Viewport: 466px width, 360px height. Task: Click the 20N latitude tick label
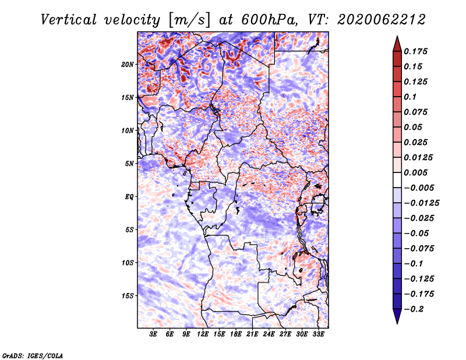click(x=128, y=65)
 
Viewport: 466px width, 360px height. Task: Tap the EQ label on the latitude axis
click(x=129, y=197)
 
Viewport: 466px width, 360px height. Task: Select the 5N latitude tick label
click(x=129, y=164)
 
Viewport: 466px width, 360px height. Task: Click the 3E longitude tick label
click(x=153, y=334)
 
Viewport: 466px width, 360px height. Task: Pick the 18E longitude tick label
click(x=235, y=334)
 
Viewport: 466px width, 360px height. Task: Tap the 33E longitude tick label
click(x=318, y=334)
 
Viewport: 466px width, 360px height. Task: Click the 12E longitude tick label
click(x=202, y=334)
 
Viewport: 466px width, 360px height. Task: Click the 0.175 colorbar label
click(x=415, y=51)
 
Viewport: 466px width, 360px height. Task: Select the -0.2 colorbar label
click(x=414, y=309)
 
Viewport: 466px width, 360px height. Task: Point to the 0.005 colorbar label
click(x=415, y=172)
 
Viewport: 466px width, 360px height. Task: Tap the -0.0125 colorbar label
click(x=421, y=203)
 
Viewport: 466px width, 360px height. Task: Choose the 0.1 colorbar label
click(x=410, y=97)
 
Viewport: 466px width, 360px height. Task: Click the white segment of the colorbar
click(x=397, y=180)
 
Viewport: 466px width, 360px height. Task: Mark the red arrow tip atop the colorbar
click(x=397, y=36)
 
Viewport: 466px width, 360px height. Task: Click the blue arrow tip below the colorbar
click(x=397, y=324)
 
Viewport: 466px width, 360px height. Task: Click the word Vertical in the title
click(x=69, y=20)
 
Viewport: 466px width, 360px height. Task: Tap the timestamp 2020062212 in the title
click(x=382, y=20)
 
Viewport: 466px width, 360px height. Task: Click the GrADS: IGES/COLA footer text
click(x=33, y=355)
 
